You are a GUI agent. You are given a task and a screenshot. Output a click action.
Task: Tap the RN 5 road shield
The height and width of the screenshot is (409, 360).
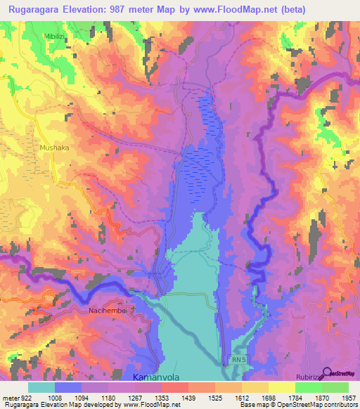pyautogui.click(x=240, y=360)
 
